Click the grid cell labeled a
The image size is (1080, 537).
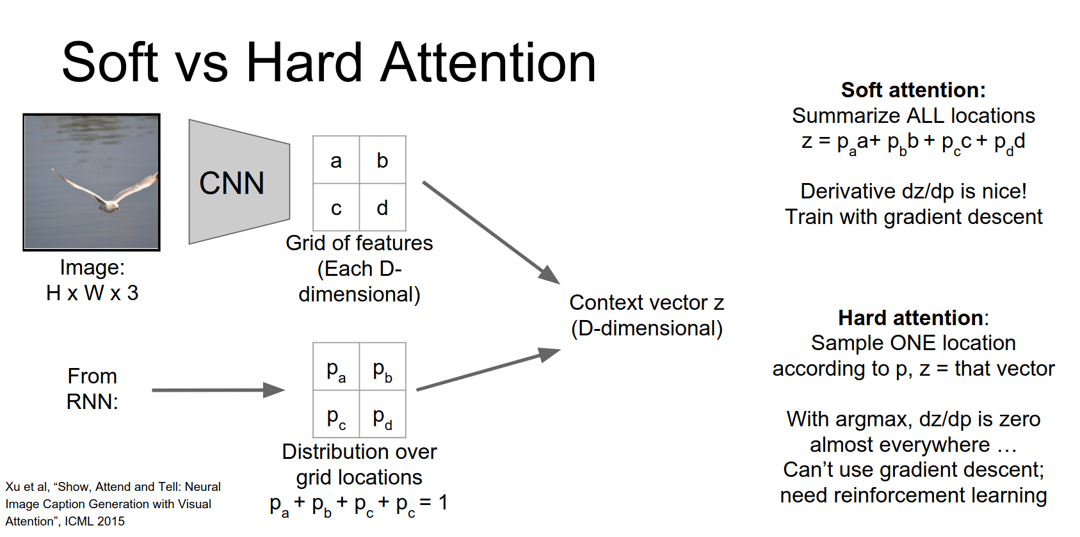[x=336, y=160]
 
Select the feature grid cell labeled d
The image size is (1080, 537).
[x=382, y=207]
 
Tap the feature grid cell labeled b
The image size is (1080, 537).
[x=382, y=160]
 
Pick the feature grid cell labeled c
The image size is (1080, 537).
[x=336, y=207]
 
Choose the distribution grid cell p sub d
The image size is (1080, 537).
[x=382, y=417]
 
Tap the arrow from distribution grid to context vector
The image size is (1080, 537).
[x=487, y=370]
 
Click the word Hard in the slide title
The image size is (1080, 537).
[x=305, y=63]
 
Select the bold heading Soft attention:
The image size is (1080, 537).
[x=913, y=90]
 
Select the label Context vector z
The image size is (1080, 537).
[x=647, y=302]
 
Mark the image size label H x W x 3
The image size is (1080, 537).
[x=92, y=293]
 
